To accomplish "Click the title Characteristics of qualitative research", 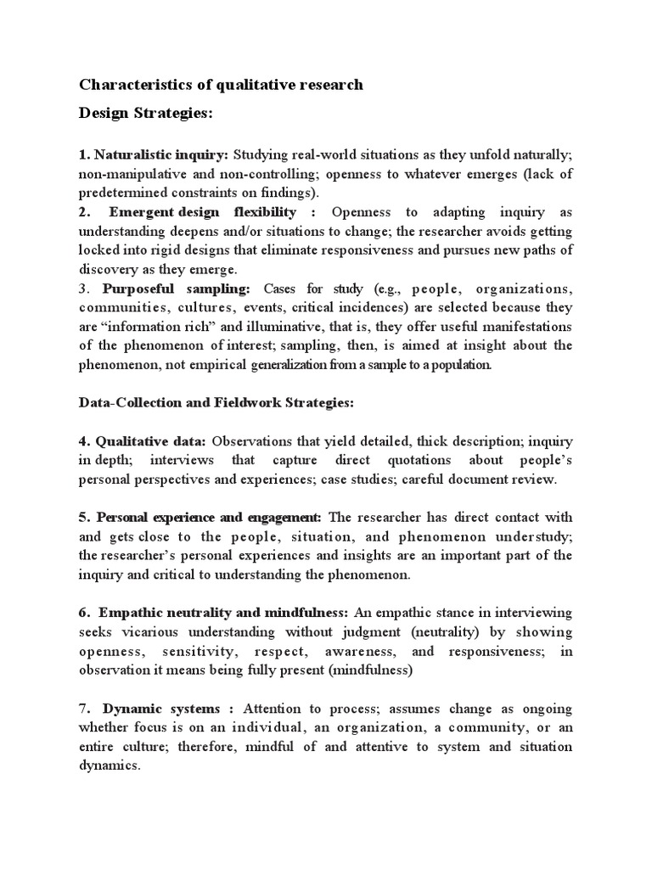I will tap(221, 84).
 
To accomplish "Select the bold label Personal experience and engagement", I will tap(208, 517).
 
